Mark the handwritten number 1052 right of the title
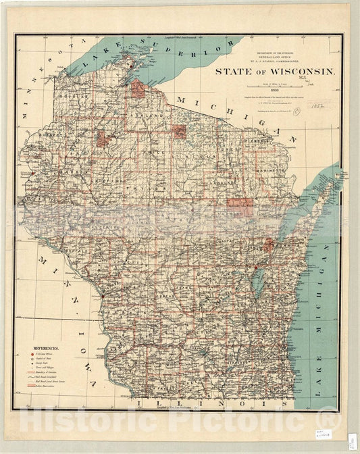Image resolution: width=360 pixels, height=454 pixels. click(313, 106)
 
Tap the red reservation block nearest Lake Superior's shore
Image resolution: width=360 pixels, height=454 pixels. click(138, 89)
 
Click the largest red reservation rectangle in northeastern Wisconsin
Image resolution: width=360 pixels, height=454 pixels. click(238, 207)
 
